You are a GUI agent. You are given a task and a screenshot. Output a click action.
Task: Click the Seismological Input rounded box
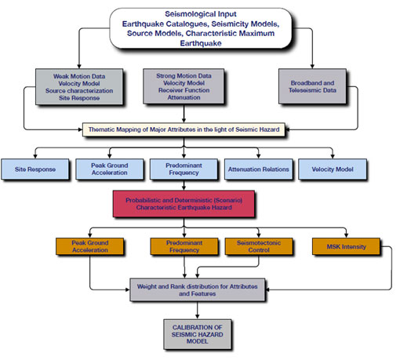tap(201, 28)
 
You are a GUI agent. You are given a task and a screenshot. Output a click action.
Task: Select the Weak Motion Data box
tap(79, 87)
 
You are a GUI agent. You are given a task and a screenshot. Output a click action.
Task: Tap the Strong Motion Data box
tap(184, 86)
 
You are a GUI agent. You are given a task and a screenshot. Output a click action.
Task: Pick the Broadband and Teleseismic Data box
tap(312, 86)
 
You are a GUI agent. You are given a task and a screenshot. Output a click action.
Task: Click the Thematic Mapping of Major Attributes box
tap(184, 129)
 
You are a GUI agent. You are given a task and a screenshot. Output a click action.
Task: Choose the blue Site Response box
tap(35, 169)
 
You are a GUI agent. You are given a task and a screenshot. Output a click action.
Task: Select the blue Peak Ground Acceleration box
tap(110, 169)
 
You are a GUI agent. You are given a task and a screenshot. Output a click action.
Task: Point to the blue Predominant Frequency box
tap(184, 169)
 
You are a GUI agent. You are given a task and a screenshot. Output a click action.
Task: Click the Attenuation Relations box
tap(258, 169)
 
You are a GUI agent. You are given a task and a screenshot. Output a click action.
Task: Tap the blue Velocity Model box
tap(333, 169)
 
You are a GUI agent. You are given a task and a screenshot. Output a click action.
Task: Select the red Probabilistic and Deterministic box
tap(184, 204)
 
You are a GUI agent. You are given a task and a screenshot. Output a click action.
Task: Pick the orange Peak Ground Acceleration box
tap(90, 246)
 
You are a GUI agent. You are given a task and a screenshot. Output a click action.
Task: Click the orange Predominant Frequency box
tap(184, 246)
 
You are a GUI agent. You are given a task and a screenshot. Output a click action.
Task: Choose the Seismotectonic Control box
tap(259, 246)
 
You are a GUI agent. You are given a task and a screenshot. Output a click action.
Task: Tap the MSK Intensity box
tap(346, 246)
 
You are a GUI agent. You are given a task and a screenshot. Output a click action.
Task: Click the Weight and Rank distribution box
tap(198, 290)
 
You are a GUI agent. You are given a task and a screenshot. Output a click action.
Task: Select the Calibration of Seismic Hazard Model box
tap(198, 334)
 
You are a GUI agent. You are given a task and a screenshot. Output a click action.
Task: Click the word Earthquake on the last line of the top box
tap(201, 43)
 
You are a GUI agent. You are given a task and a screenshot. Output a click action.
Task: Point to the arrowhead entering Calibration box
tap(198, 317)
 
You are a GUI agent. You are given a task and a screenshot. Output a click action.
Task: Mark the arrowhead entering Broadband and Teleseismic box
tap(312, 67)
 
